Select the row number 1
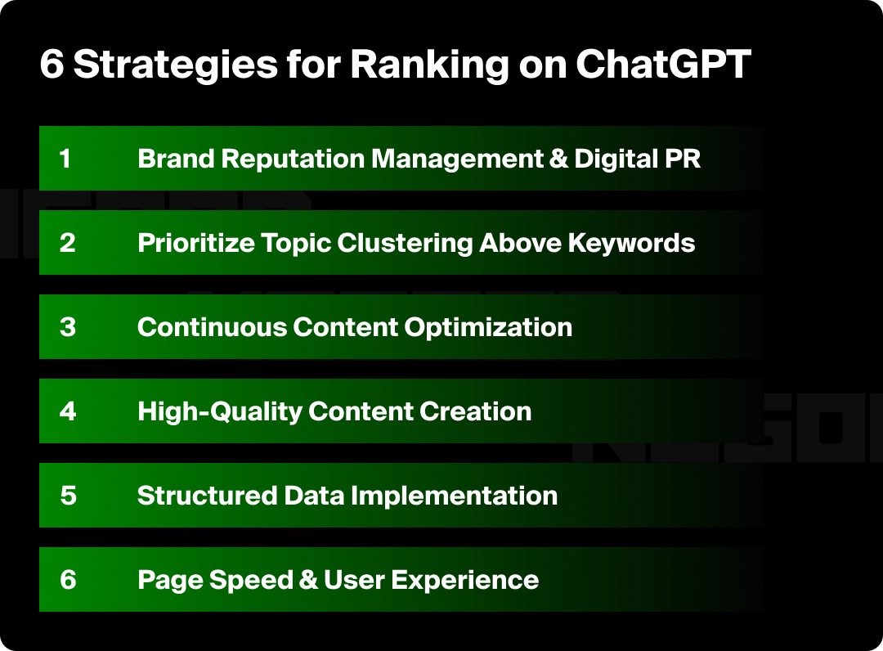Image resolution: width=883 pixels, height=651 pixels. [x=65, y=159]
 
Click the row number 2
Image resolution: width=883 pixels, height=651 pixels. [x=67, y=243]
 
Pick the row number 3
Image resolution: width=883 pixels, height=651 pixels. [x=67, y=327]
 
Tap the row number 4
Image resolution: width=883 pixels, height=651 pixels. [x=68, y=411]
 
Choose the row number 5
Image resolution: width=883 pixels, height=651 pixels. [x=68, y=496]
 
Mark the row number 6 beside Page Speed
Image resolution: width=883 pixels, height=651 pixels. [x=68, y=580]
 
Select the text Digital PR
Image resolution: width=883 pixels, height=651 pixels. [x=638, y=159]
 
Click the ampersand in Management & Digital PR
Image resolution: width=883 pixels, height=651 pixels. [x=559, y=159]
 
